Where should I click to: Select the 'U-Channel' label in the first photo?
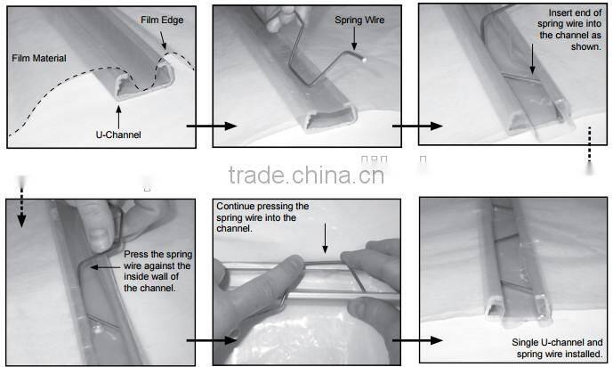pyautogui.click(x=118, y=134)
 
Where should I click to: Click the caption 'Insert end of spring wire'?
pyautogui.click(x=563, y=31)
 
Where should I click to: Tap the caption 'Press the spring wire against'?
pyautogui.click(x=159, y=270)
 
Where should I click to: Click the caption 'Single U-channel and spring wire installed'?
pyautogui.click(x=557, y=348)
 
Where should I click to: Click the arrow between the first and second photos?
pyautogui.click(x=204, y=127)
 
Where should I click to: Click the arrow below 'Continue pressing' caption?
pyautogui.click(x=325, y=240)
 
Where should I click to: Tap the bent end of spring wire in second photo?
pyautogui.click(x=356, y=54)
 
